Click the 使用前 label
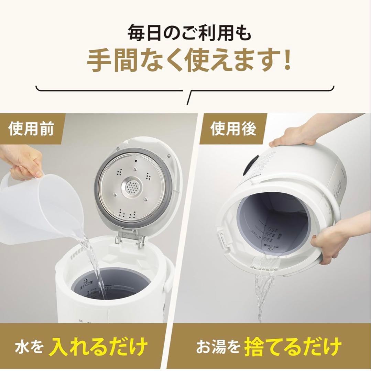(x=32, y=130)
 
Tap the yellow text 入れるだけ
(x=98, y=346)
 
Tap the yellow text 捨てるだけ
(x=293, y=346)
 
